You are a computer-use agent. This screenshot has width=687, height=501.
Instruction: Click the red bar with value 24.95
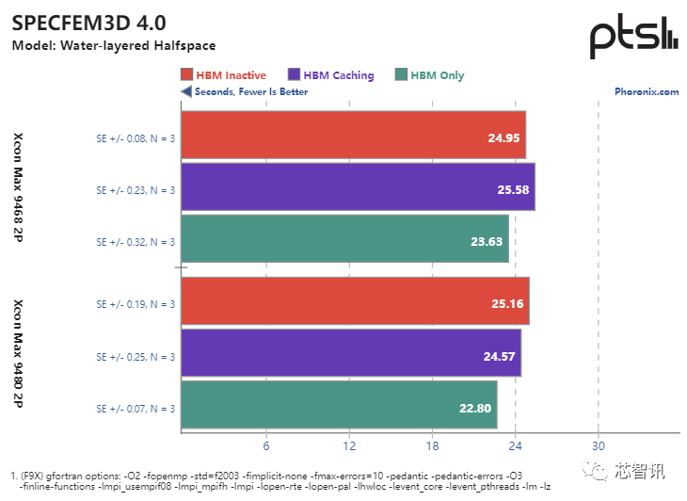353,137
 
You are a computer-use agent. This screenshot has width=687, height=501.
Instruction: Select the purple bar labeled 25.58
358,188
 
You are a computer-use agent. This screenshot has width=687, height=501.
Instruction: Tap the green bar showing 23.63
344,240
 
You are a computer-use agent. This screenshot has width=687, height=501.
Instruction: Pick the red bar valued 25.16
355,302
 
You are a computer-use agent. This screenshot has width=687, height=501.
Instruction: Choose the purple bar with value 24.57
350,354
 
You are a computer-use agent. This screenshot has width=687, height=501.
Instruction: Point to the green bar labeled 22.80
339,406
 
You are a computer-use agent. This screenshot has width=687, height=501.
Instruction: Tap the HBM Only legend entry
430,75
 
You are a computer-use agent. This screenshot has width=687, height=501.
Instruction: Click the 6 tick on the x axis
267,444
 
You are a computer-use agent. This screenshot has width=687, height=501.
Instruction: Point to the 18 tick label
432,444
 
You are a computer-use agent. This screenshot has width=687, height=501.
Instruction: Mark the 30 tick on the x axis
598,444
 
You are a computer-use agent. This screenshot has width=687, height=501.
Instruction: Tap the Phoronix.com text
647,92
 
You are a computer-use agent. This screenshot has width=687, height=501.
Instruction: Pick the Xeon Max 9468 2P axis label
18,188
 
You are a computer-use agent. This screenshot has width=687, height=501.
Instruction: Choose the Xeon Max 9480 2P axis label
18,354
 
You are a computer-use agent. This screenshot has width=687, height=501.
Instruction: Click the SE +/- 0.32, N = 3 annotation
136,241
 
